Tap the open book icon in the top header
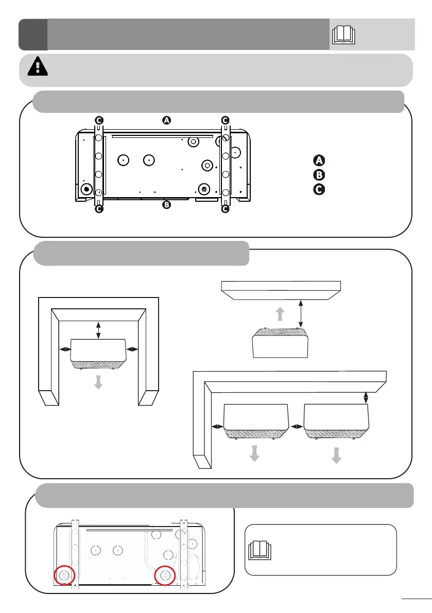pos(344,34)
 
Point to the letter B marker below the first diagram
pos(166,205)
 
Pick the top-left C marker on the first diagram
pos(98,120)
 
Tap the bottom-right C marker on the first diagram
pos(225,209)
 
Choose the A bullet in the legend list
pos(319,160)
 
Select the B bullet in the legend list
pos(319,174)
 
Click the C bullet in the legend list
pos(319,189)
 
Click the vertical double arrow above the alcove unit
pos(98,330)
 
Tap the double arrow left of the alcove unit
pos(65,349)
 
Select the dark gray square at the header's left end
pos(33,34)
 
